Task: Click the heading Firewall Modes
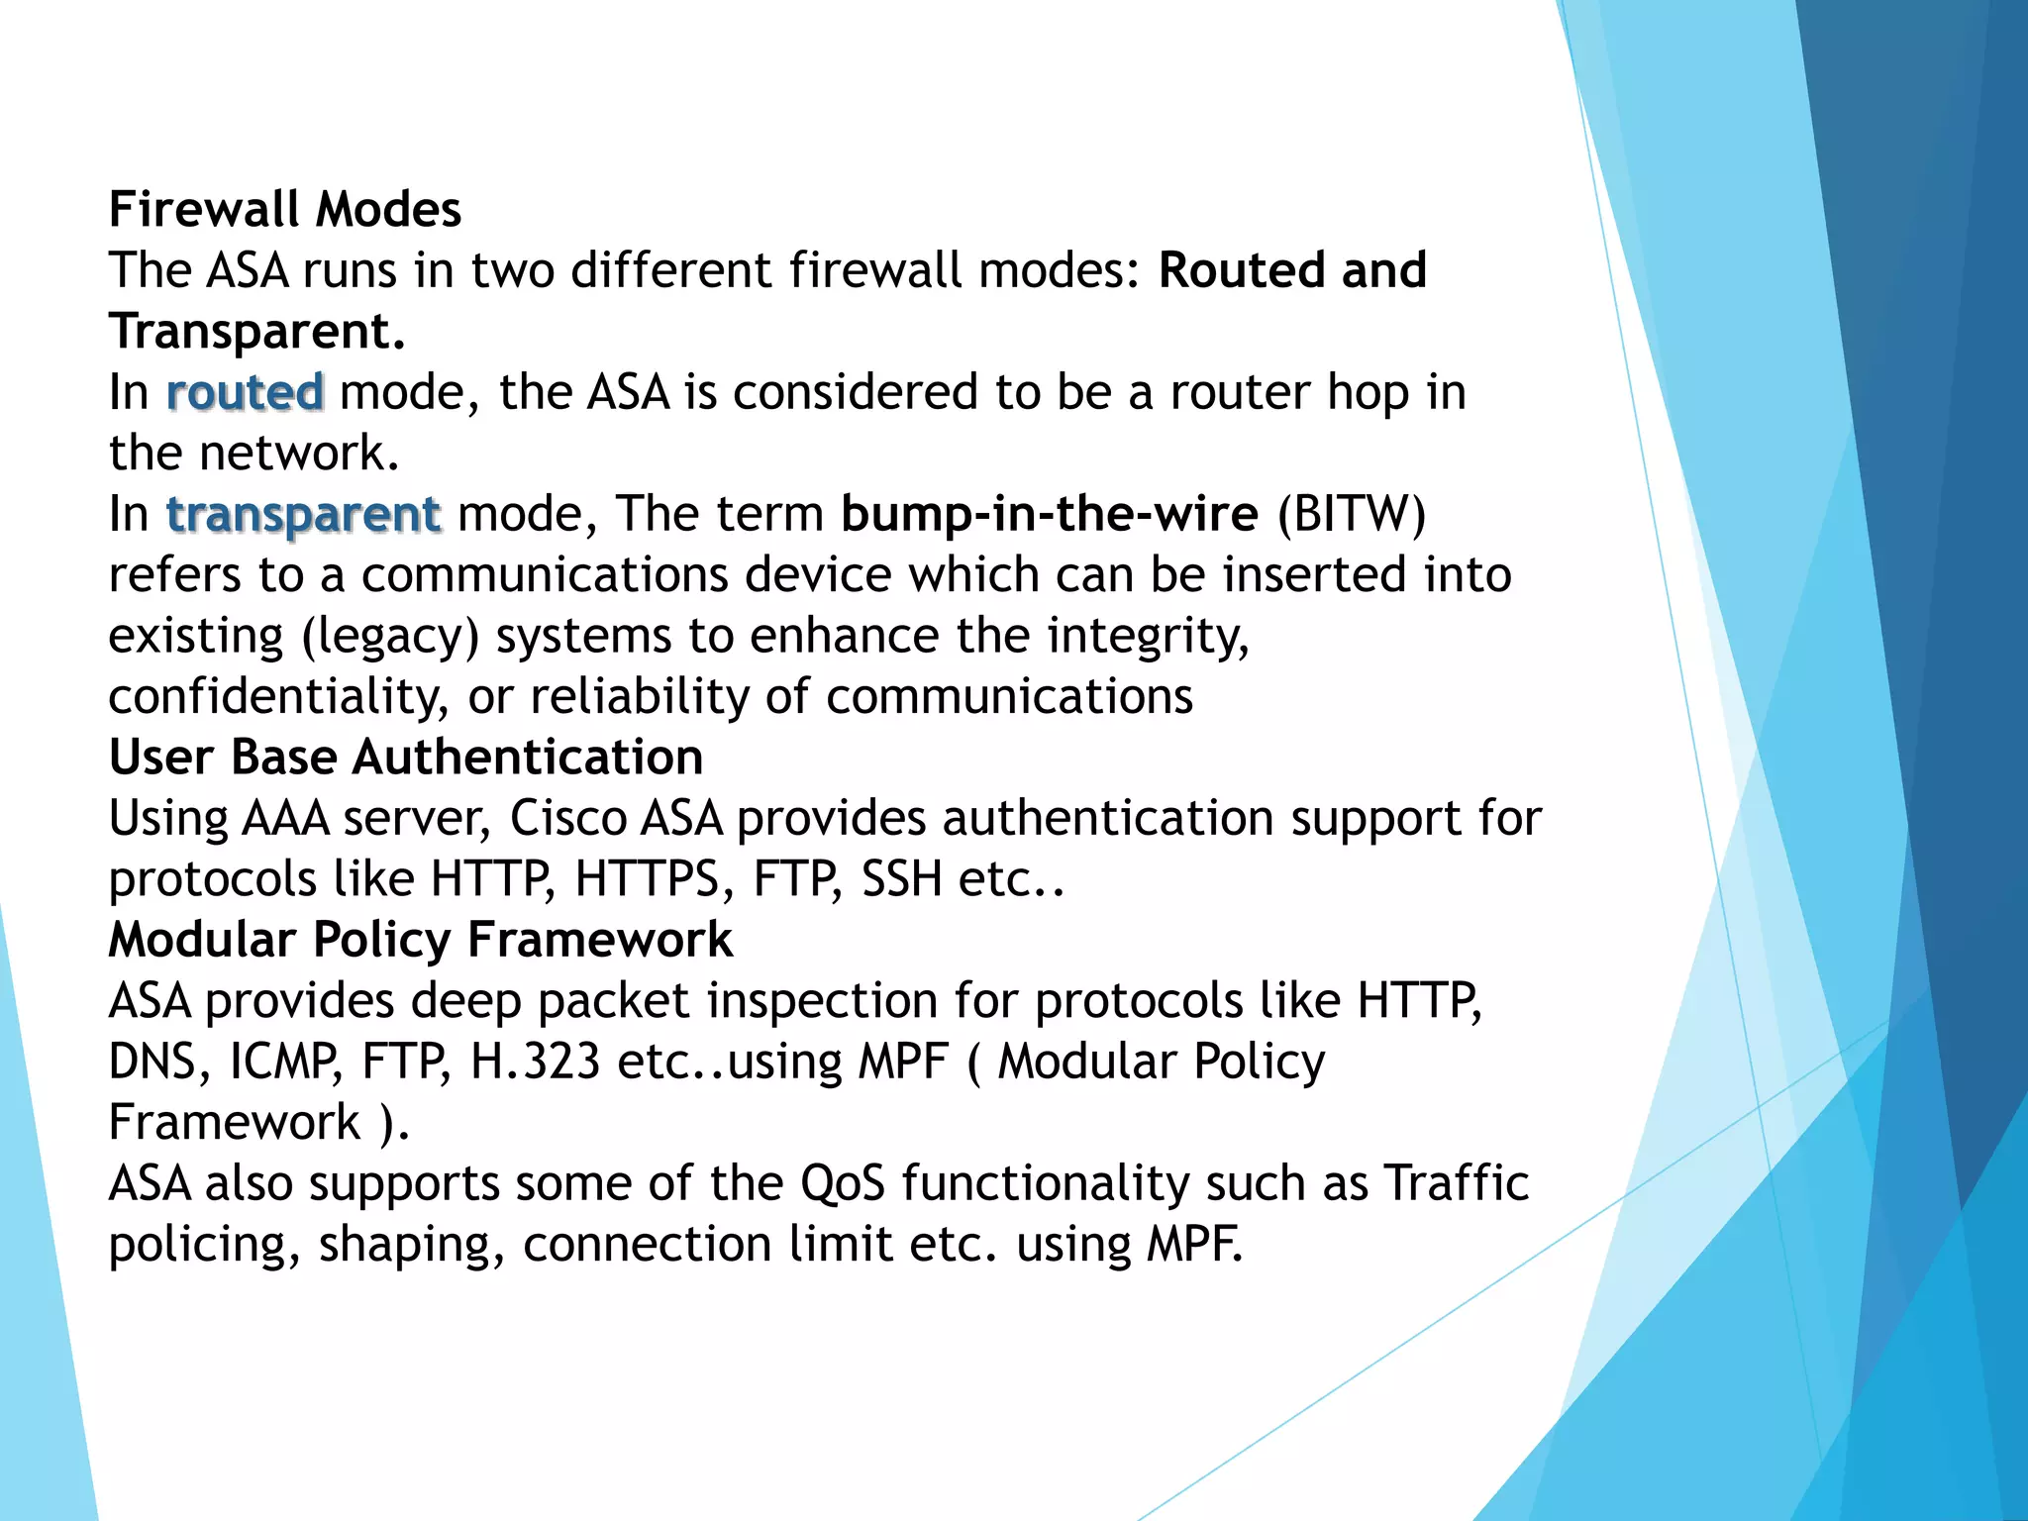point(285,210)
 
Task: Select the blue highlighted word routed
point(245,392)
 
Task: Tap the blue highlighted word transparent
point(303,514)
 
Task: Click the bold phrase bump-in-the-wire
point(1049,514)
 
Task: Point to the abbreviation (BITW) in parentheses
point(1352,514)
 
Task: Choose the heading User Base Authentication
point(406,758)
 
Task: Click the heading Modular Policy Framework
point(421,940)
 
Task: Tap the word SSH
point(901,879)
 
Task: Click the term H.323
point(536,1062)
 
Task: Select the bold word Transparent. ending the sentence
point(257,332)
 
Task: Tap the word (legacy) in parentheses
point(390,637)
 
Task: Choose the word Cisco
point(566,819)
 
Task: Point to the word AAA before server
point(285,819)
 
